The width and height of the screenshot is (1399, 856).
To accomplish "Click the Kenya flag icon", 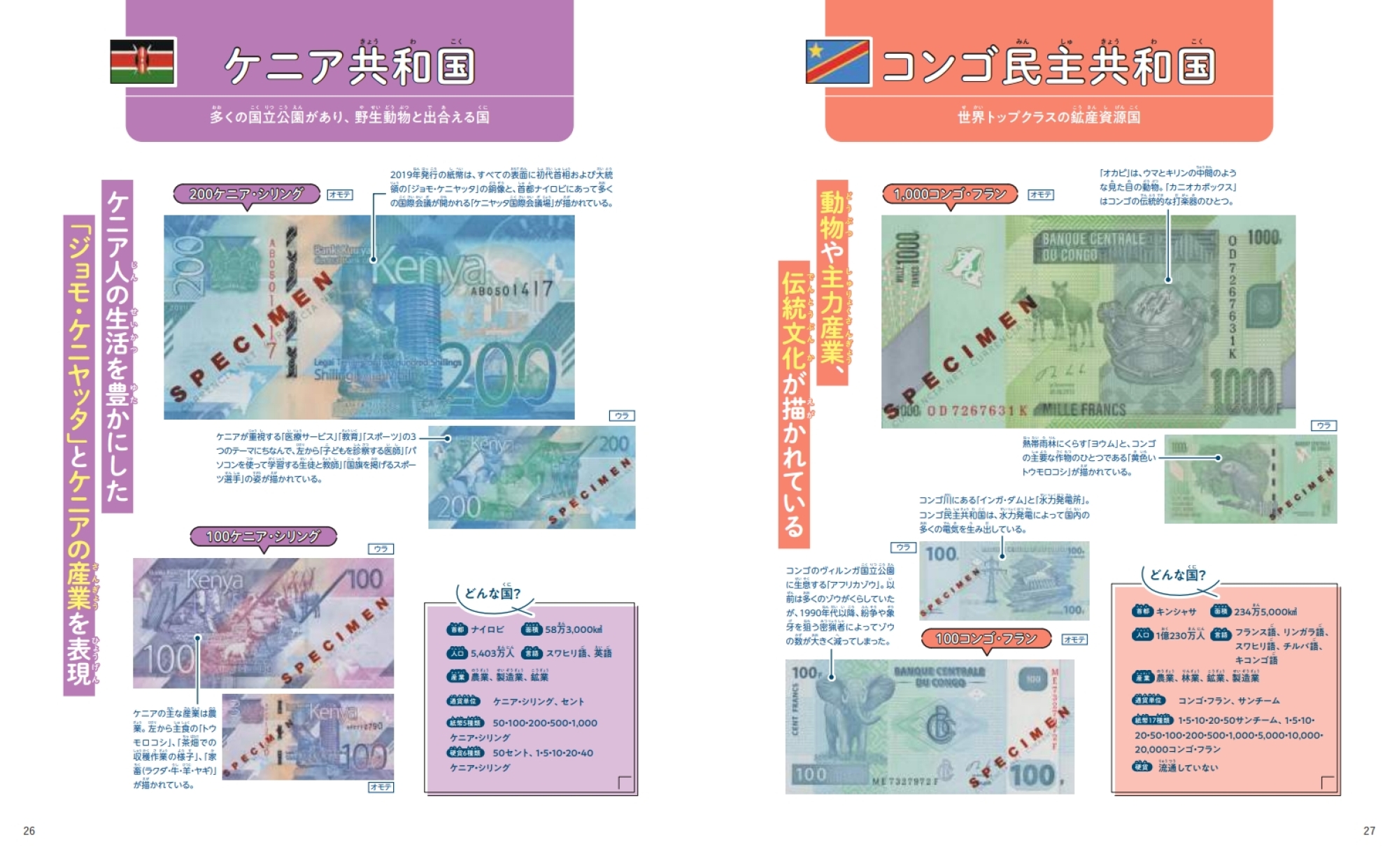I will click(143, 62).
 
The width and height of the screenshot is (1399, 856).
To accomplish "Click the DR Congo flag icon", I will click(838, 62).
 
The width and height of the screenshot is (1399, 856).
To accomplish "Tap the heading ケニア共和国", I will click(350, 66).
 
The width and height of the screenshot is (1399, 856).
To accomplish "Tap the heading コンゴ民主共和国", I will click(1048, 66).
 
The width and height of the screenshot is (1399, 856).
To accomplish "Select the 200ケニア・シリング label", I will click(246, 194).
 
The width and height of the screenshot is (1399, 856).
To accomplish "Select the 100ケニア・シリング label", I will click(263, 536).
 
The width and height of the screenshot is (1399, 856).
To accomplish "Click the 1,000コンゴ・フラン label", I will click(951, 194).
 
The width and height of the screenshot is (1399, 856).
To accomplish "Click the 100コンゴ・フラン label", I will click(986, 639).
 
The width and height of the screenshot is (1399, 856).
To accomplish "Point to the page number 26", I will click(29, 831).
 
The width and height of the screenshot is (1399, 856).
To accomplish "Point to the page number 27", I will click(1369, 831).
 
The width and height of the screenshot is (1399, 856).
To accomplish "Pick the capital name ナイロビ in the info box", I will click(488, 629).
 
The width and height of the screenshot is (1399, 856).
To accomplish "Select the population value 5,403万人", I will click(492, 653).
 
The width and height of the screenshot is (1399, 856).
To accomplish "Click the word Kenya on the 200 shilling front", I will click(430, 269).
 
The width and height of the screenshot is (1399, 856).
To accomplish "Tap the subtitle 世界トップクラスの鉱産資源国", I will click(1049, 117).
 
